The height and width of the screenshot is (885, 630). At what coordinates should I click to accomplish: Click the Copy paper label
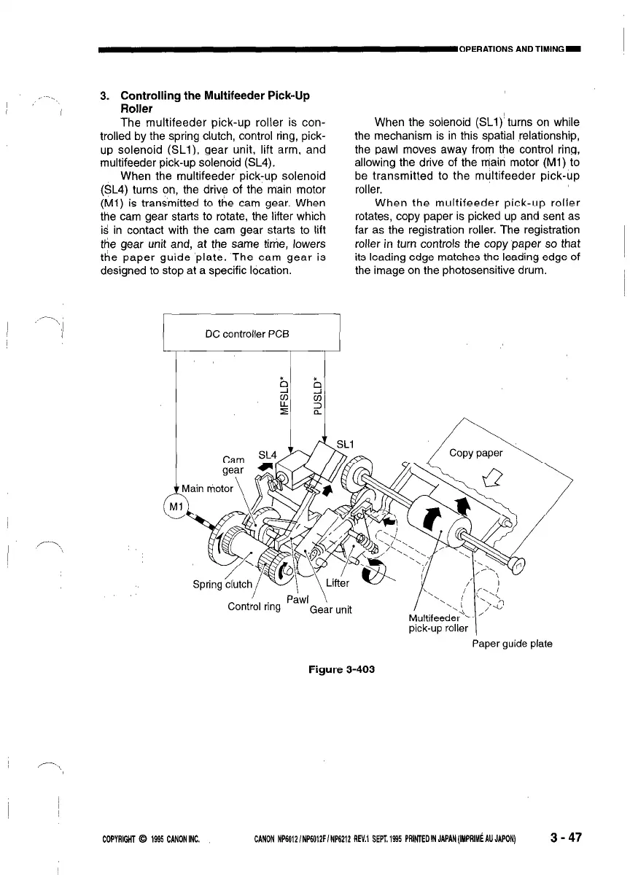click(475, 453)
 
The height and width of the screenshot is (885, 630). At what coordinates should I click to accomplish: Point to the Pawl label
click(298, 599)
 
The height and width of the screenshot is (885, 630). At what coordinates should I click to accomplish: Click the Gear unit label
click(331, 609)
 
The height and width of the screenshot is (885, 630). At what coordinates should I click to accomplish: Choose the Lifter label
click(339, 582)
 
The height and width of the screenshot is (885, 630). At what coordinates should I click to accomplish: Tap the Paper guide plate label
click(512, 643)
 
